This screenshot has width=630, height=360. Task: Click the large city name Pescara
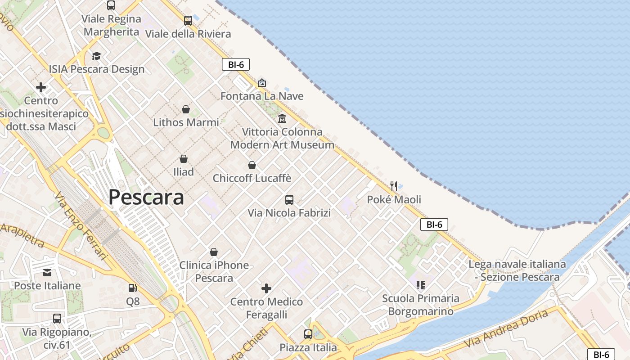pyautogui.click(x=146, y=197)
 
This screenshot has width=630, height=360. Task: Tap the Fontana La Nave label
pyautogui.click(x=262, y=96)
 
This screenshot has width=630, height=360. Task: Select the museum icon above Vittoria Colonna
pyautogui.click(x=282, y=119)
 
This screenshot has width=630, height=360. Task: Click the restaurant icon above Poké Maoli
pyautogui.click(x=394, y=186)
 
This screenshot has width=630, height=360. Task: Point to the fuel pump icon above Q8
pyautogui.click(x=132, y=288)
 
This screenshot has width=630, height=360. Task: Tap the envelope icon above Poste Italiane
pyautogui.click(x=47, y=273)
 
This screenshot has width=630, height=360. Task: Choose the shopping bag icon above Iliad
pyautogui.click(x=184, y=159)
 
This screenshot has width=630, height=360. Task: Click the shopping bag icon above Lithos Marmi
pyautogui.click(x=186, y=109)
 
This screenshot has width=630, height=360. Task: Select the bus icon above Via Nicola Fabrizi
pyautogui.click(x=289, y=199)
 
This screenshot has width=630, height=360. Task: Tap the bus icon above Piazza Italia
pyautogui.click(x=308, y=334)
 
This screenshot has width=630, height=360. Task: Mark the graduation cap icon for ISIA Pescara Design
pyautogui.click(x=96, y=56)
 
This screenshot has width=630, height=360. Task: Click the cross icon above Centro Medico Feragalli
pyautogui.click(x=266, y=288)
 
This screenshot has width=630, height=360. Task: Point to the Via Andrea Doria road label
pyautogui.click(x=506, y=328)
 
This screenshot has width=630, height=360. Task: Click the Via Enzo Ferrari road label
pyautogui.click(x=81, y=226)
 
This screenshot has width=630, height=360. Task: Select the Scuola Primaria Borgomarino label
pyautogui.click(x=421, y=305)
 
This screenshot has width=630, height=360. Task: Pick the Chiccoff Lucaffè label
pyautogui.click(x=252, y=178)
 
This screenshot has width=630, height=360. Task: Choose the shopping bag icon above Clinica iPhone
pyautogui.click(x=214, y=252)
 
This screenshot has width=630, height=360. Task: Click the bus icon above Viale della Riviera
pyautogui.click(x=188, y=21)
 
